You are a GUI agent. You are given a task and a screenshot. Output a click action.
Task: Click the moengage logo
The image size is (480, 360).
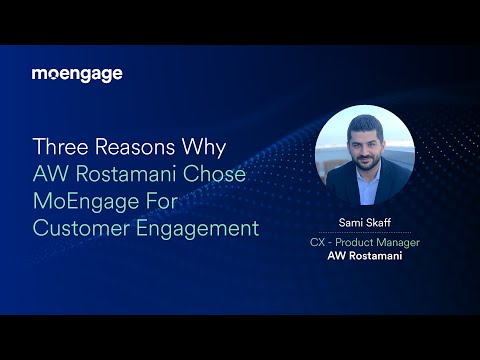77,74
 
